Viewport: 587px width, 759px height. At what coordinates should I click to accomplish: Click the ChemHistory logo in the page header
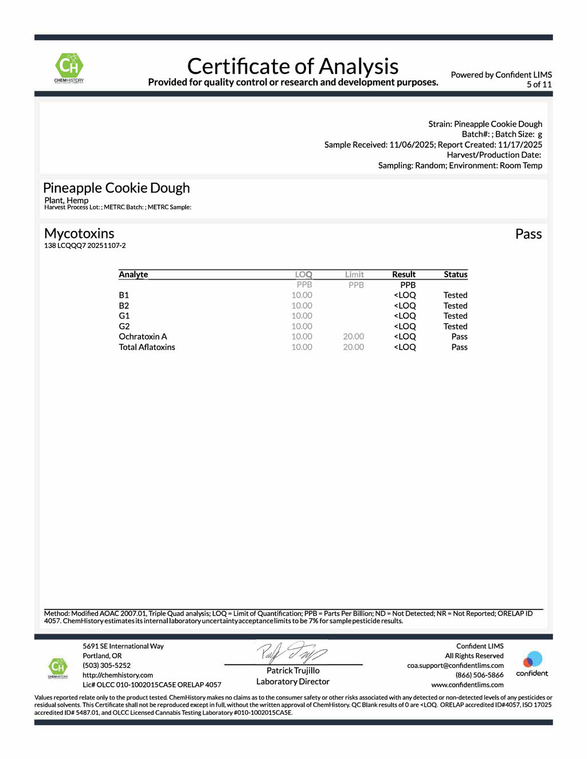pos(69,68)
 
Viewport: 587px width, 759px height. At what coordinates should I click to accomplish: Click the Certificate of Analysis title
pos(292,66)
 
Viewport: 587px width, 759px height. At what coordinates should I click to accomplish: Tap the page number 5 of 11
pos(539,84)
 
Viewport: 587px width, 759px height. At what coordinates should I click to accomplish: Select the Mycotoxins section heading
pos(79,233)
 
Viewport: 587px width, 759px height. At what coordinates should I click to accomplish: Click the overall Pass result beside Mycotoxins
pos(528,234)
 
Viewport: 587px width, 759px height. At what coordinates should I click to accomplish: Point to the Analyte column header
pos(133,274)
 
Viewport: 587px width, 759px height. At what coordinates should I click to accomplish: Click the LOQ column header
pos(303,274)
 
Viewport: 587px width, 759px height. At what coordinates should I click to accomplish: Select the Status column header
pos(455,274)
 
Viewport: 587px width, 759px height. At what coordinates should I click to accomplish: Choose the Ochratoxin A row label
pos(143,336)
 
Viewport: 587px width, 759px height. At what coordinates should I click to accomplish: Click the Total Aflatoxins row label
pos(147,347)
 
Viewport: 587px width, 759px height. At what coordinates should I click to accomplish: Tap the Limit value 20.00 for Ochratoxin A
pos(353,336)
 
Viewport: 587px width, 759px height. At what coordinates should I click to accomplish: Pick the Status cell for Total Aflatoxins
pos(459,347)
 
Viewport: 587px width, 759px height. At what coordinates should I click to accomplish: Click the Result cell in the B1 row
pos(405,295)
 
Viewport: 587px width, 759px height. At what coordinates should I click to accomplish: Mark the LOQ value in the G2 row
pos(302,327)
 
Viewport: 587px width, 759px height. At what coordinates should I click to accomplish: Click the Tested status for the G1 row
pos(455,316)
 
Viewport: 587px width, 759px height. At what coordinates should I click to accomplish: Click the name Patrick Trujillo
pos(293,671)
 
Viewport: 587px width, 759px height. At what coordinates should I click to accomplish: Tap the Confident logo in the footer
pos(532,663)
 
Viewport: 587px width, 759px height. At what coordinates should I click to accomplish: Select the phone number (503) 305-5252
pos(107,666)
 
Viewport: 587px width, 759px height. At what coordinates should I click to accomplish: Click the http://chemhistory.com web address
pos(118,675)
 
